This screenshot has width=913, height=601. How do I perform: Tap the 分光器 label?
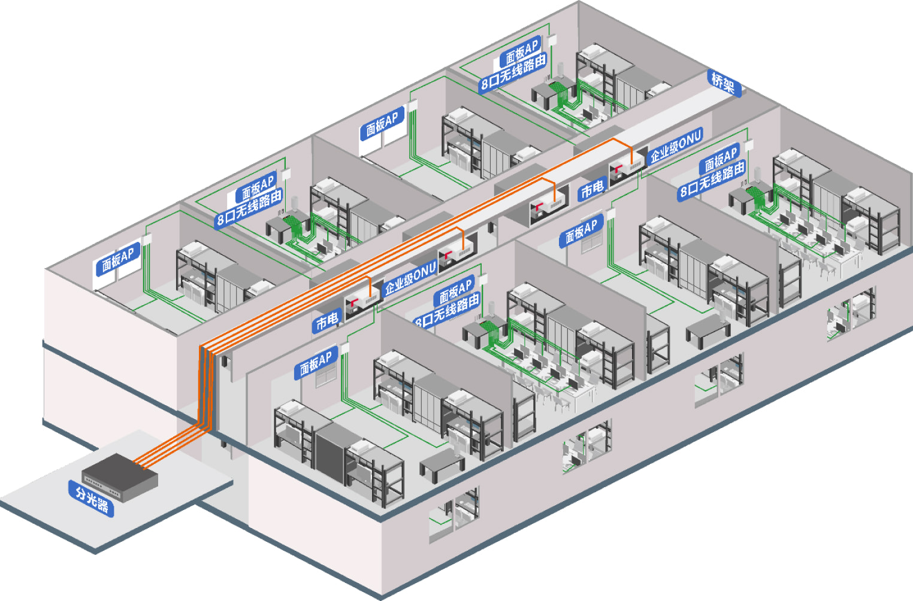[x=92, y=499]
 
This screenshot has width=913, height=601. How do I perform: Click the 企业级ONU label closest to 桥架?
[x=676, y=147]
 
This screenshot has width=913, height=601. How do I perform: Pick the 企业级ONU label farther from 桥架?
[x=410, y=280]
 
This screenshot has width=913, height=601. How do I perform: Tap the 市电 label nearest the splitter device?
[x=327, y=322]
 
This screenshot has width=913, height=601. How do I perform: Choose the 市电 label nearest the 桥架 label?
[x=592, y=190]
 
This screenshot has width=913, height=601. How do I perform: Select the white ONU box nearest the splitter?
[x=361, y=301]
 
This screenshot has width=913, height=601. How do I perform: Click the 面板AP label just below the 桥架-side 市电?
[x=581, y=230]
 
